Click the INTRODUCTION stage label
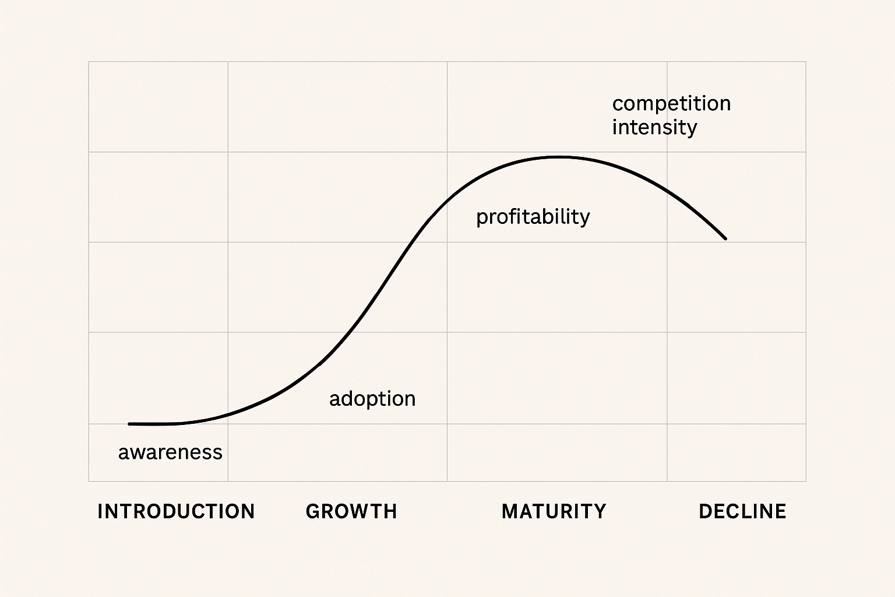coord(176,511)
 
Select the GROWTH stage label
coord(351,511)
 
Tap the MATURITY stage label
coord(554,511)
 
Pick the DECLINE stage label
coord(742,511)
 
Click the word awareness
coord(170,452)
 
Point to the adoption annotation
coord(372,399)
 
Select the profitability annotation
coord(533,217)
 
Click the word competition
coord(671,104)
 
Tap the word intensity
coord(654,127)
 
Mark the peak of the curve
coord(558,157)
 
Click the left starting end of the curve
coord(130,424)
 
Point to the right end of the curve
coord(725,238)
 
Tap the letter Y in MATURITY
coord(600,511)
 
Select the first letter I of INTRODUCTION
coord(100,511)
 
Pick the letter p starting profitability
coord(482,219)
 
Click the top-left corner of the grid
coord(89,62)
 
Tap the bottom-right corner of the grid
coord(806,481)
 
